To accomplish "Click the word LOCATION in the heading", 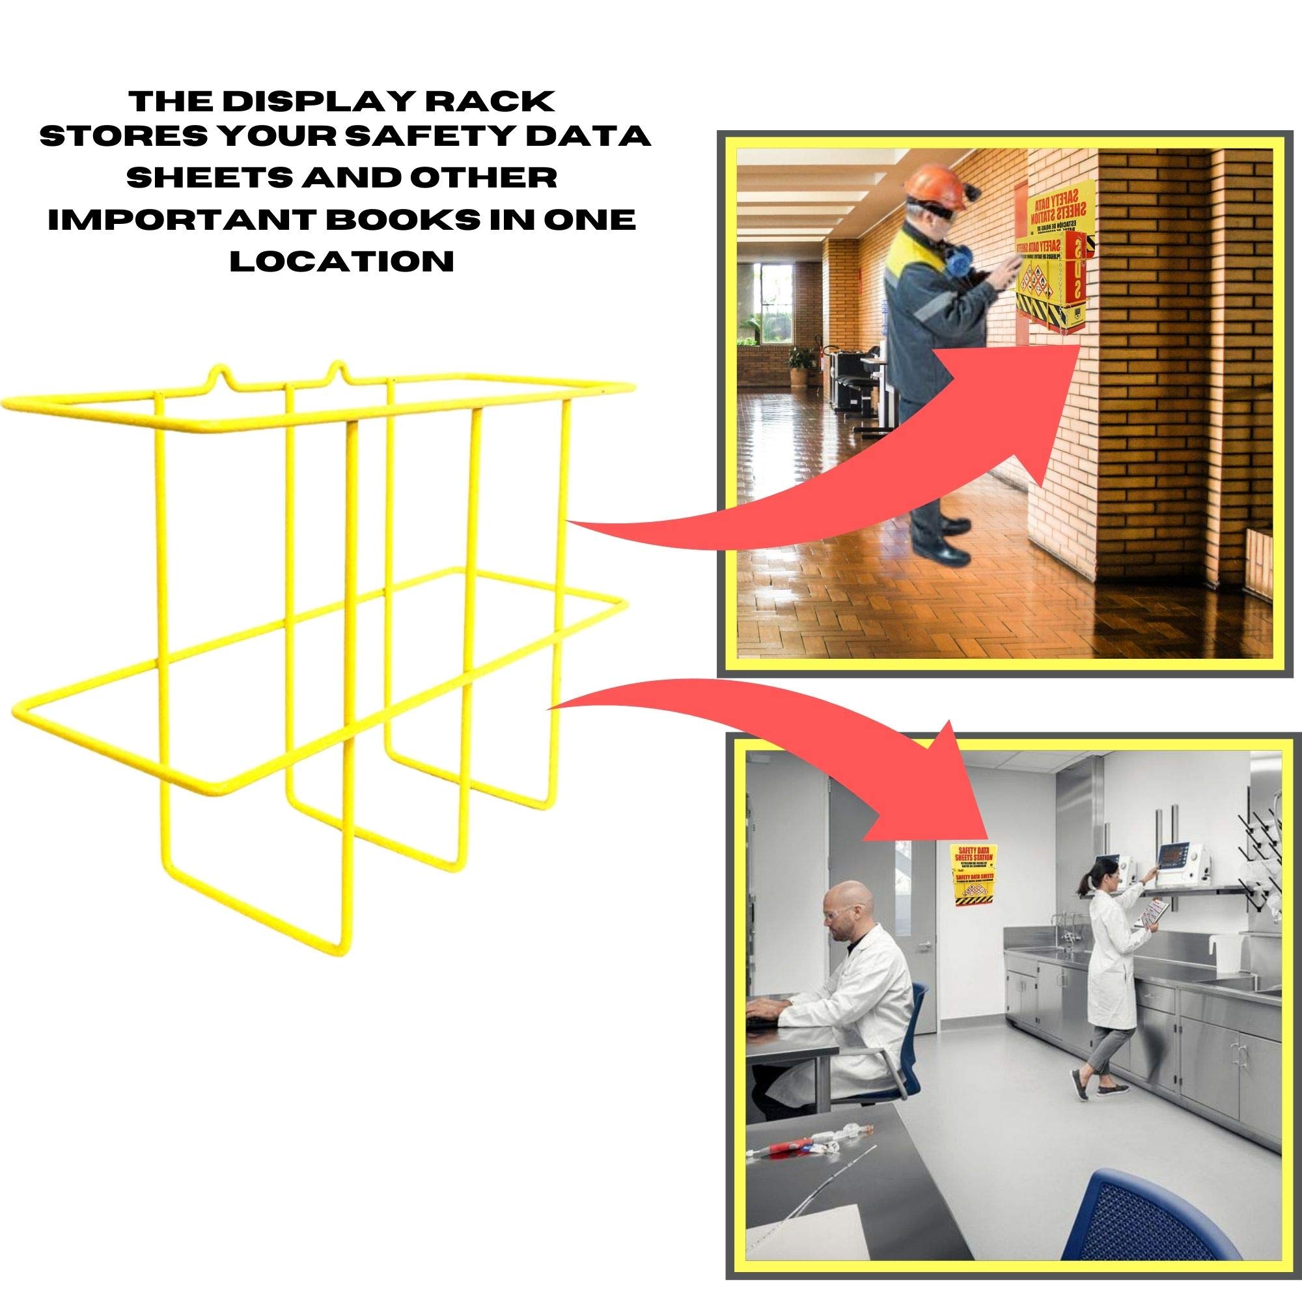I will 342,260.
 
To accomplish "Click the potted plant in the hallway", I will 800,364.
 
